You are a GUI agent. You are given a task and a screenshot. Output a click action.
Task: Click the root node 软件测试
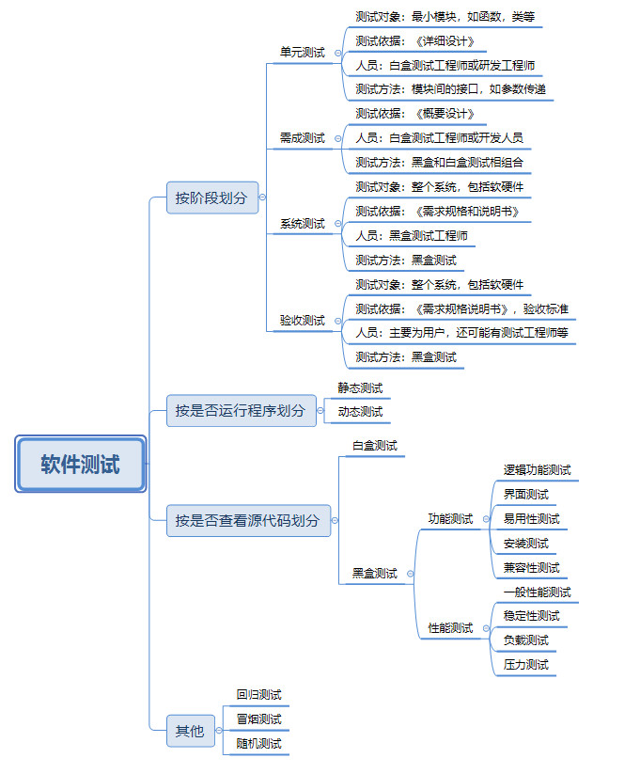point(80,464)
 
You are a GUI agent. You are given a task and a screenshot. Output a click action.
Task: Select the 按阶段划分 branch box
point(211,197)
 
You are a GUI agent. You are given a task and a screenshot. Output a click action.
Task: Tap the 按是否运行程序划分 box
point(240,411)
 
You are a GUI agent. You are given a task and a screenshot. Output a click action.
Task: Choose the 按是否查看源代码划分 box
point(248,520)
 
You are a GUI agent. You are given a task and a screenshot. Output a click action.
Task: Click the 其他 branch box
point(189,731)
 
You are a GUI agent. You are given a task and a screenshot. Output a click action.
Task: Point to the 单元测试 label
point(302,53)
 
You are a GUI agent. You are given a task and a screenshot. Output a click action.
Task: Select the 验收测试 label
point(302,321)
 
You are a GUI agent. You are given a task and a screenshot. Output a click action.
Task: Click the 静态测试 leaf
point(360,387)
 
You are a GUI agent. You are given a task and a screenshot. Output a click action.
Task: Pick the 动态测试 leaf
point(360,412)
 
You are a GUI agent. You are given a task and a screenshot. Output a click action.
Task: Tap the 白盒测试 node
point(374,445)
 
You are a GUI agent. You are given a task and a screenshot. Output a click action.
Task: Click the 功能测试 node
point(450,518)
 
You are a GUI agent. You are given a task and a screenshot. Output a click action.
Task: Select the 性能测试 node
point(450,627)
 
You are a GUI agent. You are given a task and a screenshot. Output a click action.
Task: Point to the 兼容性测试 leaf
point(531,567)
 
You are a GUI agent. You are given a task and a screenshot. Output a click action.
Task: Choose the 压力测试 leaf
point(525,664)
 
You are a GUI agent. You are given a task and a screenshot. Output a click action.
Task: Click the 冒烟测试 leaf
point(258,719)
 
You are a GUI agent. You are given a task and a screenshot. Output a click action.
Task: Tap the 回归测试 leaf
point(258,695)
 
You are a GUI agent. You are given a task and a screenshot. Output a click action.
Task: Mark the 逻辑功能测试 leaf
point(537,469)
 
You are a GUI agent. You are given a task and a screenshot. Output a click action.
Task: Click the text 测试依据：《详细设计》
point(421,41)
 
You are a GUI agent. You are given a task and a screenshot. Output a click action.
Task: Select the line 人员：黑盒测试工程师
point(411,235)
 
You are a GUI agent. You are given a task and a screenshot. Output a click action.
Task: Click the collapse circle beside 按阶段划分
point(262,197)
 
